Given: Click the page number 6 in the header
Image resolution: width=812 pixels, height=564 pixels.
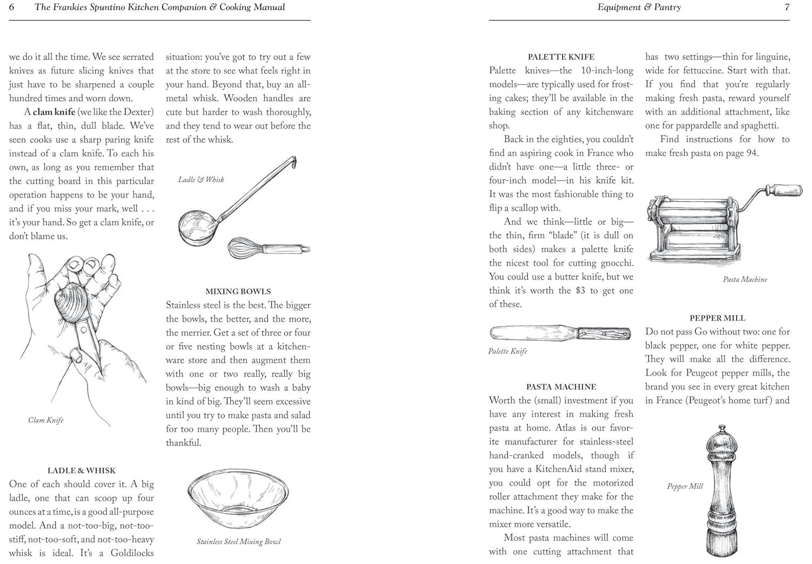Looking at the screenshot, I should [x=12, y=8].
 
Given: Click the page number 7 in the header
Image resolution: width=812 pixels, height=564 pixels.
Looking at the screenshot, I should [x=787, y=8].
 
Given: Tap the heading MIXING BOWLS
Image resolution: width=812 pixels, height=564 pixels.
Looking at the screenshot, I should [x=238, y=291].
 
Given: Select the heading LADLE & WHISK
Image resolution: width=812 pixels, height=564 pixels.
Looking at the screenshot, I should [x=81, y=470].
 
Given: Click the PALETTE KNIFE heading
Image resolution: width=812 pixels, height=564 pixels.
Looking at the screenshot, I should [x=561, y=57].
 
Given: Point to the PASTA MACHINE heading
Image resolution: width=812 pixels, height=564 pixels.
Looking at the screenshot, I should [x=561, y=386].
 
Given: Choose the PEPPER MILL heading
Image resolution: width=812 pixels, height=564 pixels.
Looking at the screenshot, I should [x=717, y=318].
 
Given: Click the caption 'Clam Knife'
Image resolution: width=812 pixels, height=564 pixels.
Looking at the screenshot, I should [x=46, y=420].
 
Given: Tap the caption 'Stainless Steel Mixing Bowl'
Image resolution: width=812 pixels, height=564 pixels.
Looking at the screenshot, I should [x=238, y=541].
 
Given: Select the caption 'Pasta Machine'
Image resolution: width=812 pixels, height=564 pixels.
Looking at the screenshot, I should [x=745, y=279].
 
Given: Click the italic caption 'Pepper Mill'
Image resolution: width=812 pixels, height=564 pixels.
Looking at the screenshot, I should [x=684, y=486].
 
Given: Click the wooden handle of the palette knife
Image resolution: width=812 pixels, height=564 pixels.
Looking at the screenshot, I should [x=604, y=333].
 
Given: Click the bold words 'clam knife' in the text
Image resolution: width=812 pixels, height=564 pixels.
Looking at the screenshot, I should [x=54, y=112].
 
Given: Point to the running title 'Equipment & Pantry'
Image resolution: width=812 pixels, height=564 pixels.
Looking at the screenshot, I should [x=639, y=8].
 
